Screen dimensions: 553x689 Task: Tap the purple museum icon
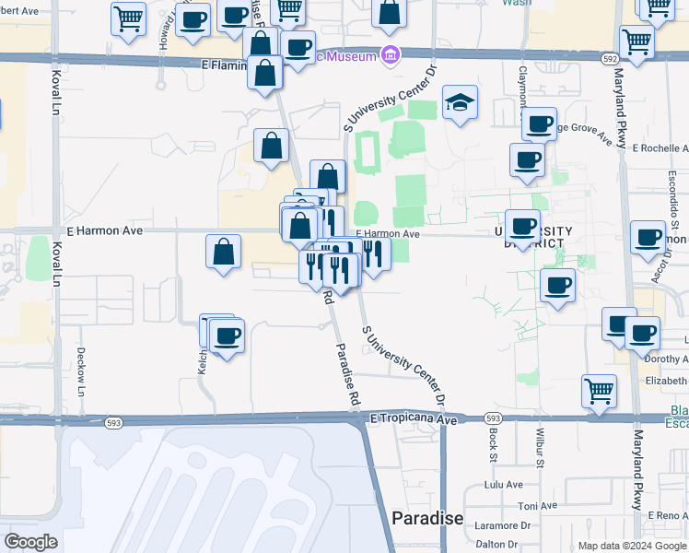click(391, 56)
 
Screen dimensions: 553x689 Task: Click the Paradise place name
click(426, 518)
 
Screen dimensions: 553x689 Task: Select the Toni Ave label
click(536, 505)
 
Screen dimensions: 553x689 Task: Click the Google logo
click(31, 542)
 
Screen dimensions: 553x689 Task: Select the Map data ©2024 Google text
click(631, 546)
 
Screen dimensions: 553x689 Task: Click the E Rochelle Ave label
click(660, 147)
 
